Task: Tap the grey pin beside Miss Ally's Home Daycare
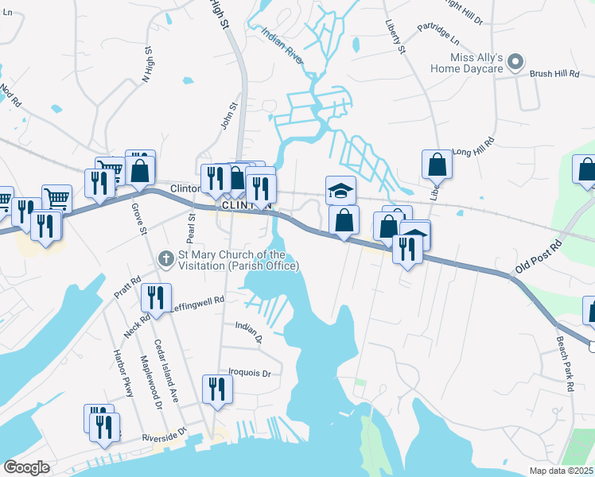pos(515,60)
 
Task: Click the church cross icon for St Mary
pos(166,258)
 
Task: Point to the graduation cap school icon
pos(340,189)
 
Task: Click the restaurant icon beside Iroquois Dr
pos(216,389)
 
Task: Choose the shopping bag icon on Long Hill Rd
pos(437,164)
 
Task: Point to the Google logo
pos(26,467)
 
